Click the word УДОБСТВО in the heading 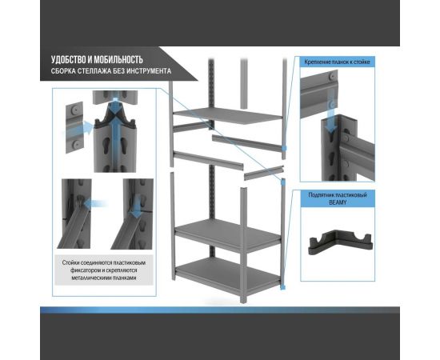[67, 60]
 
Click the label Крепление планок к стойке [337, 62]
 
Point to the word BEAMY [338, 202]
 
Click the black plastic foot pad [341, 242]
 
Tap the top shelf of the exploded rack [227, 115]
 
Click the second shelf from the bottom [228, 234]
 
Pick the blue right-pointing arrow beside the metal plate [79, 128]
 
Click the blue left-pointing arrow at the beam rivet [95, 203]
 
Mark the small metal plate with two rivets [74, 127]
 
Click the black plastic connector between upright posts [115, 118]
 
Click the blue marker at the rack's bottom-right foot [283, 286]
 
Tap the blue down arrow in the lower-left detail [137, 206]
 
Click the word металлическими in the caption [91, 278]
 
